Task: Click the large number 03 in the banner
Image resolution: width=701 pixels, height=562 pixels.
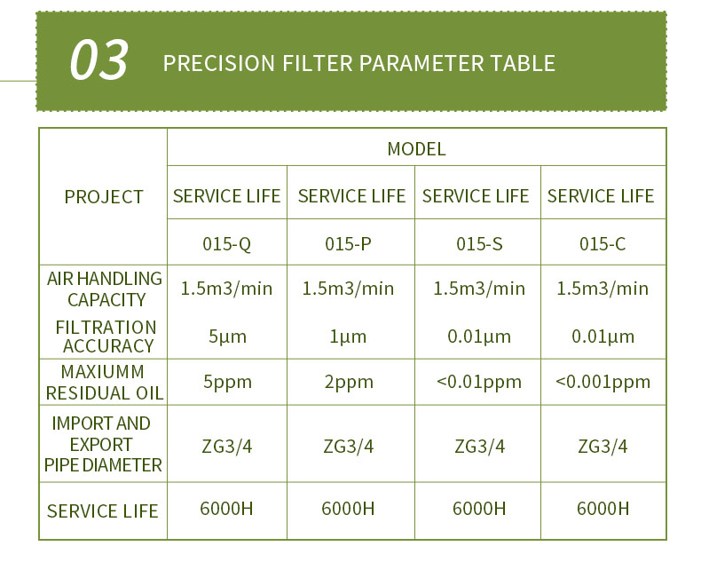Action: click(98, 59)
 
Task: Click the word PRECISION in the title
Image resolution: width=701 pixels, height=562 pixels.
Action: click(218, 63)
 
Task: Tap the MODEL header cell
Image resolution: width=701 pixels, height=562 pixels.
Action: click(416, 149)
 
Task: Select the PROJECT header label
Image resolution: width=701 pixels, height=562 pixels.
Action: click(103, 197)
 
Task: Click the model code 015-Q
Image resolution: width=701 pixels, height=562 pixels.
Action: click(226, 244)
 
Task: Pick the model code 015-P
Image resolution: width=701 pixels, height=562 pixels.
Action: click(348, 244)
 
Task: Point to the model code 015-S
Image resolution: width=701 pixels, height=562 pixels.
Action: click(479, 244)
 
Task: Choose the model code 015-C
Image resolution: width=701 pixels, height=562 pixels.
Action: click(603, 244)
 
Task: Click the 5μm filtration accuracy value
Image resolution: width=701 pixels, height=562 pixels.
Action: click(227, 336)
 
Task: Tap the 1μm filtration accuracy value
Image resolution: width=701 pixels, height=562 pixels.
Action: click(348, 336)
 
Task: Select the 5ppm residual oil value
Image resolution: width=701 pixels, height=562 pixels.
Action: click(227, 382)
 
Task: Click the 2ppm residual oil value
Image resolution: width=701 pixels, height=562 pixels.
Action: click(349, 382)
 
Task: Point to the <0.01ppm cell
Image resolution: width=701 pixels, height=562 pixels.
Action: click(479, 382)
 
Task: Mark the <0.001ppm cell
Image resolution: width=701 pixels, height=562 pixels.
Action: click(603, 382)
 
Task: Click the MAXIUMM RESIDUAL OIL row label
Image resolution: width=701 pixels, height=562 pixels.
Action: click(104, 383)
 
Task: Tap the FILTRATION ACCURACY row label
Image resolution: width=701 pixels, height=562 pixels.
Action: click(106, 336)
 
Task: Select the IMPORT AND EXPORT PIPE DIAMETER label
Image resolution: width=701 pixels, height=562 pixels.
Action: click(103, 444)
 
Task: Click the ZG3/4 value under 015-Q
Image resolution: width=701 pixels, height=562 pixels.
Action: click(226, 447)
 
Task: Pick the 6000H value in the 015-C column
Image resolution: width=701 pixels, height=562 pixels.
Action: click(603, 509)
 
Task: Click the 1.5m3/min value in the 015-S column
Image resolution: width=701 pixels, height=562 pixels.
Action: click(479, 289)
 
